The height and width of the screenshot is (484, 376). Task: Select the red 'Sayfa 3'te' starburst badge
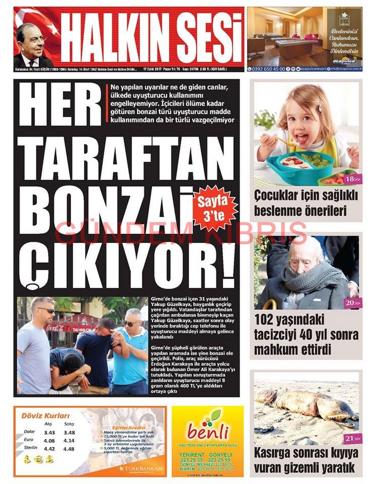pyautogui.click(x=215, y=208)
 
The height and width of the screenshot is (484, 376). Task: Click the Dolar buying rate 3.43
pyautogui.click(x=49, y=433)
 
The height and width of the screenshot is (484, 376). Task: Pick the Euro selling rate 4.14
pyautogui.click(x=69, y=440)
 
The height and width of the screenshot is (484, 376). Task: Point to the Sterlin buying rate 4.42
pyautogui.click(x=49, y=449)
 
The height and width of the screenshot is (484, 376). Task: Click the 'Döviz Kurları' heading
pyautogui.click(x=45, y=416)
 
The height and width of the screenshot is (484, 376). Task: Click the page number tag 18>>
pyautogui.click(x=353, y=179)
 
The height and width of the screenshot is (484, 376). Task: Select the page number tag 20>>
pyautogui.click(x=353, y=302)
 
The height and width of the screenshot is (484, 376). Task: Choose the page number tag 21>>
pyautogui.click(x=353, y=438)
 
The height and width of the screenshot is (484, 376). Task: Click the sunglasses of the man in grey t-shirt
pyautogui.click(x=46, y=310)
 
